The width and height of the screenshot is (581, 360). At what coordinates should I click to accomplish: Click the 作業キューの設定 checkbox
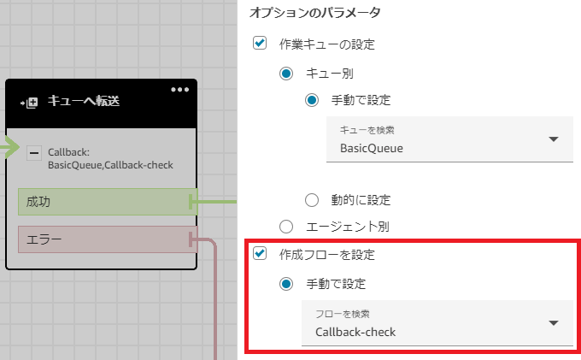coord(260,44)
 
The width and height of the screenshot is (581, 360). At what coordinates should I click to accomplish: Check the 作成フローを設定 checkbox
coord(260,254)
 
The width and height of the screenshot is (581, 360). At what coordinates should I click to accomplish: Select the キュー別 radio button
coord(286,74)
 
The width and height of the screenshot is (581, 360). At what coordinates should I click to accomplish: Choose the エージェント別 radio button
coord(286,227)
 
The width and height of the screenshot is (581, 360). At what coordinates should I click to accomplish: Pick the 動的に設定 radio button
coord(313,200)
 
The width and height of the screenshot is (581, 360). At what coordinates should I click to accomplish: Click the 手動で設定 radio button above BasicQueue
coord(313,100)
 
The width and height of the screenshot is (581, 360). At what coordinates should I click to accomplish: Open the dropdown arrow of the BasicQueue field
coord(553,139)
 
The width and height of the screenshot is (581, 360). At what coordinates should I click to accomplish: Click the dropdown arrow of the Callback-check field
coord(553,322)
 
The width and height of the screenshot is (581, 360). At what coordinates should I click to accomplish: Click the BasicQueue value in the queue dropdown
coord(372,148)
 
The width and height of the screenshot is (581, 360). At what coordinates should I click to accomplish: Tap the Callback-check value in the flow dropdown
coord(355,331)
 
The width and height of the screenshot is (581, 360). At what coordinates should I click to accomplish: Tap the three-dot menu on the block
coord(179,90)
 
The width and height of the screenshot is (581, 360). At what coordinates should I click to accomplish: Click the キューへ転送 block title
coord(83,102)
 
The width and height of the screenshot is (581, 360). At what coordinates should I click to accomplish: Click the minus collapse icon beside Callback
coord(34,153)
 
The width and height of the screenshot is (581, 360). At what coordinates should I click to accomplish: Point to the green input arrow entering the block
coord(9,149)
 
